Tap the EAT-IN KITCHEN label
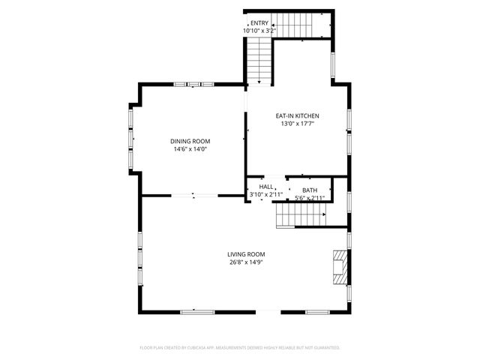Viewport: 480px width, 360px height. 298,115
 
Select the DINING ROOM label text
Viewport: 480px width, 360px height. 190,141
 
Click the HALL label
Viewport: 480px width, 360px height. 266,187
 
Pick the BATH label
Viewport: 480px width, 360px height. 309,190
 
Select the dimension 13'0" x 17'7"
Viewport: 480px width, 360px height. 298,124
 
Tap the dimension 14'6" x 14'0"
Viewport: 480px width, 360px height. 190,149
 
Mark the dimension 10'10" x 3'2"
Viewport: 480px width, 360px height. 259,31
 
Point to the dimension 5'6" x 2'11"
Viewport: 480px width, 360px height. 309,198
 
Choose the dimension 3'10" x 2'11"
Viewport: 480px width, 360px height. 265,194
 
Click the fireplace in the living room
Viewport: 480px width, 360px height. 341,266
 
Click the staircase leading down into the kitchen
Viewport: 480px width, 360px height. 259,60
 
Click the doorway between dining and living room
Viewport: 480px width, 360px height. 193,195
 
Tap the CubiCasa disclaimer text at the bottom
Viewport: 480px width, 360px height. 240,347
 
